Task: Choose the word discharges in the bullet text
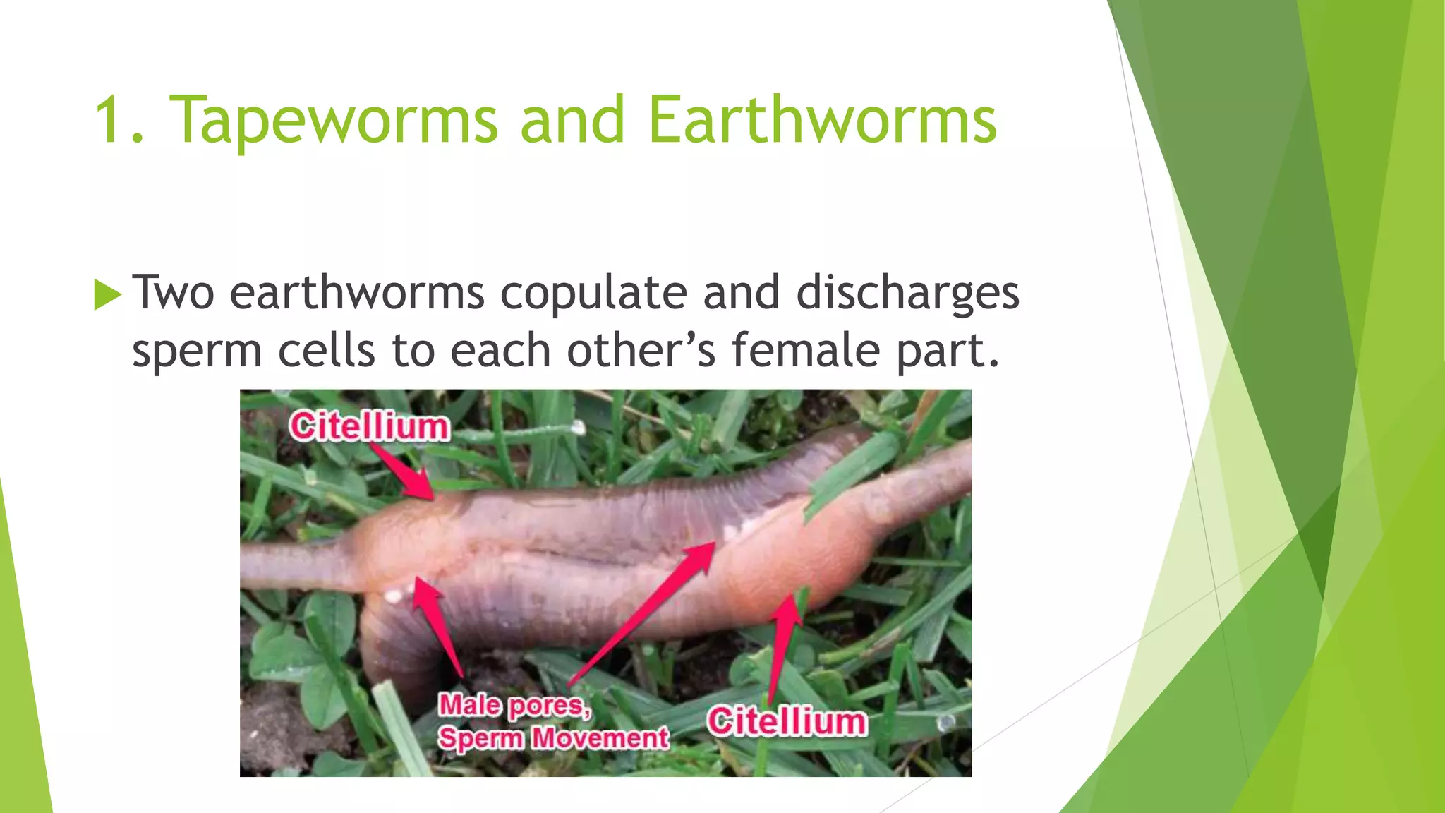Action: coord(907,294)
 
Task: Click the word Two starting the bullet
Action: coord(173,292)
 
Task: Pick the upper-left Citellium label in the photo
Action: coord(369,427)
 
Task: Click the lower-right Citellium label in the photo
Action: coord(787,721)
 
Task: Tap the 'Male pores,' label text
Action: coord(515,705)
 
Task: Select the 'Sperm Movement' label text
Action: coord(553,738)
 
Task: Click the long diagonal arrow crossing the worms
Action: coord(642,614)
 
